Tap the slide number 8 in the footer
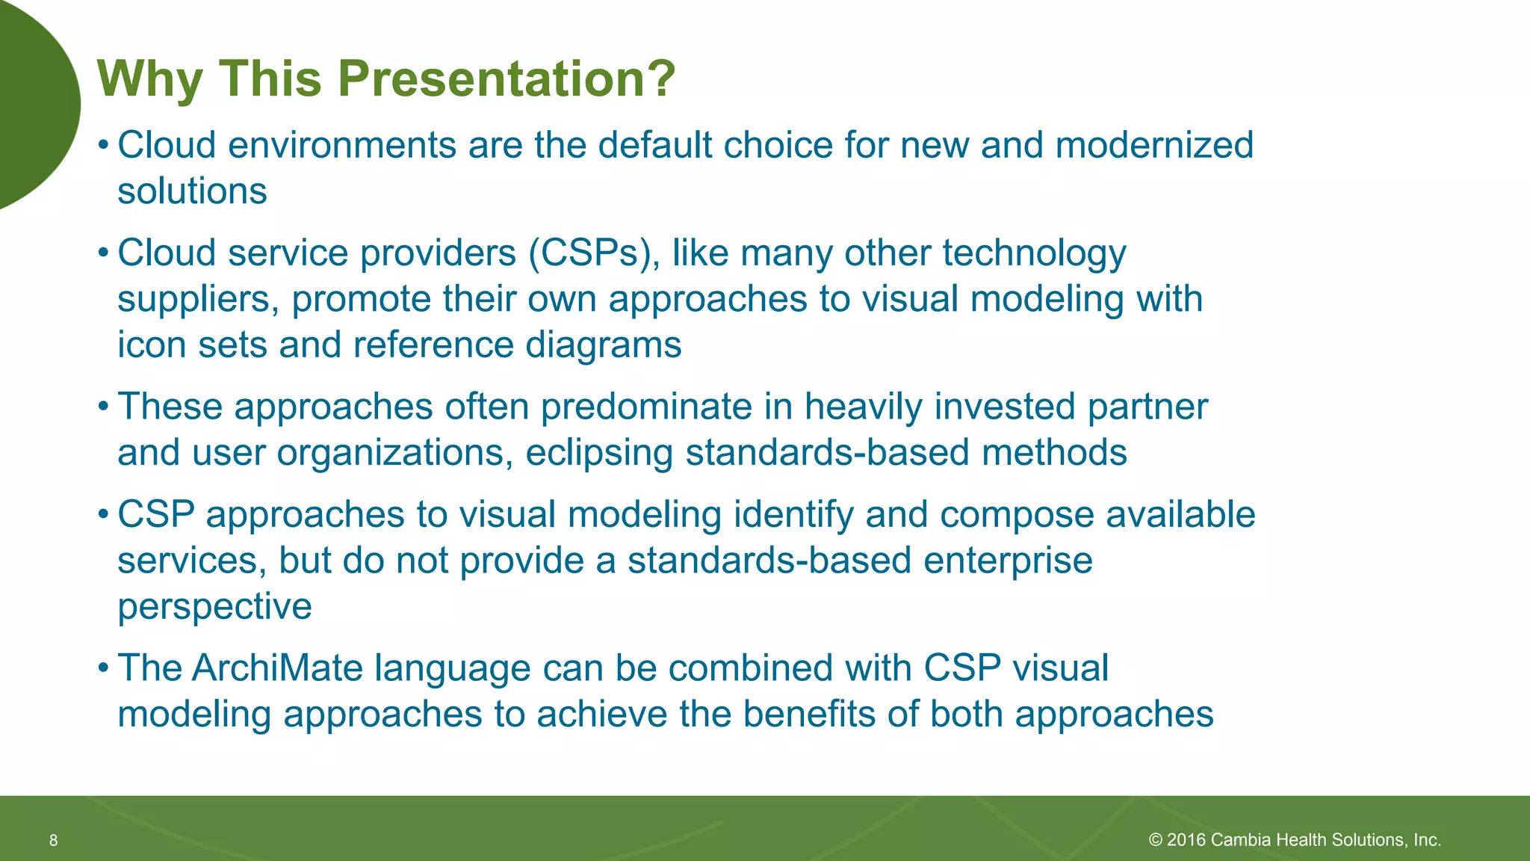(53, 841)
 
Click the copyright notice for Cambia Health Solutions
(1295, 840)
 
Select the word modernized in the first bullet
(1154, 145)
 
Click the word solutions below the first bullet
(192, 191)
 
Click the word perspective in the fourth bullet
(214, 607)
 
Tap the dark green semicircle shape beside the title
(34, 105)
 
